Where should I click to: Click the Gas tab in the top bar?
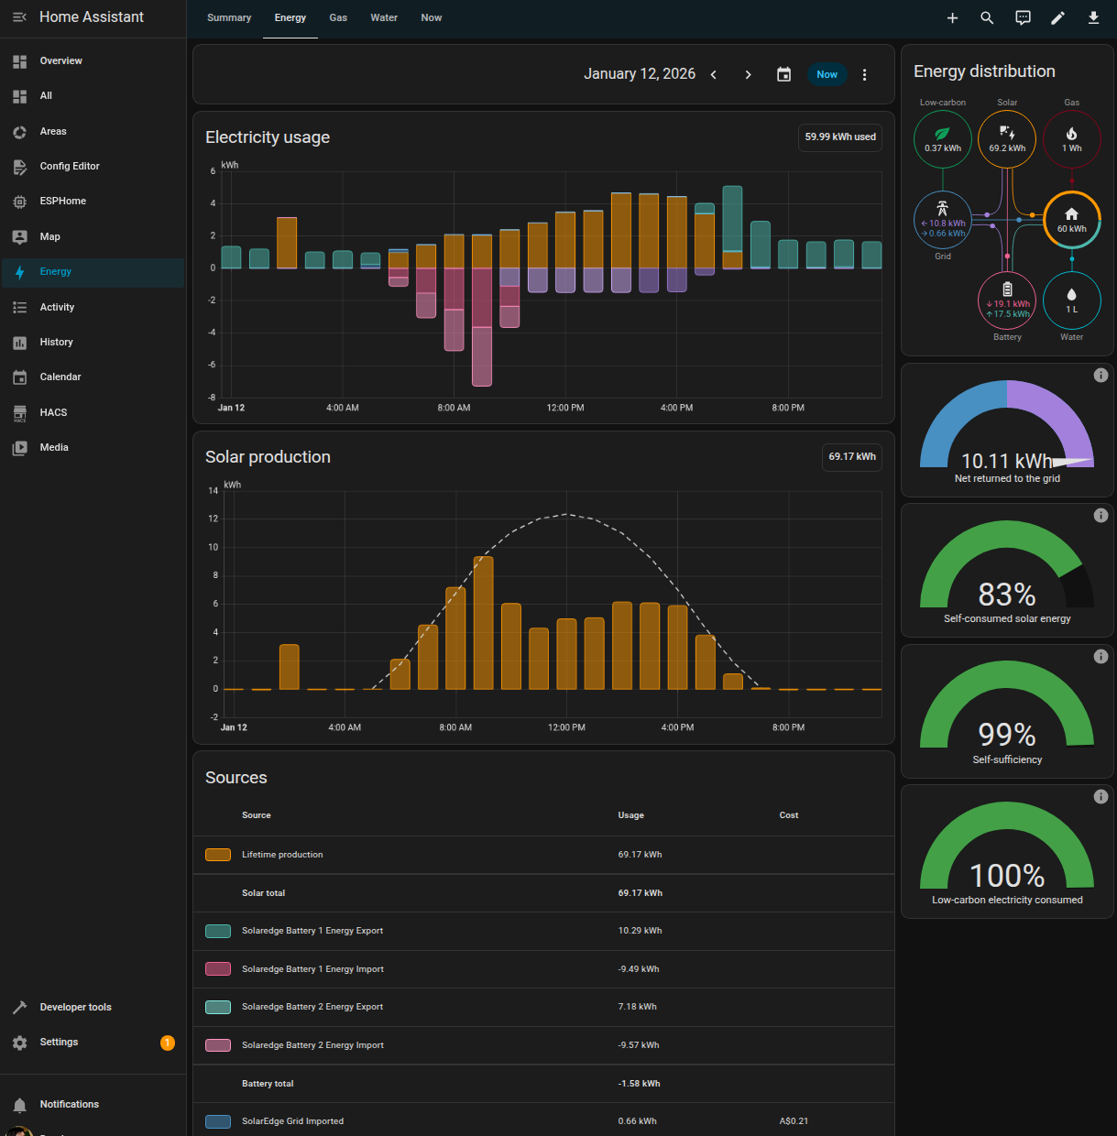[338, 17]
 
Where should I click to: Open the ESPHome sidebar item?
[62, 201]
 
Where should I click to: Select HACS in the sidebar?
[53, 412]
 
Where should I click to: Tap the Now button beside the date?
[827, 74]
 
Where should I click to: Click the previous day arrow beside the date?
[714, 75]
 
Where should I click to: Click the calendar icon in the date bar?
[783, 75]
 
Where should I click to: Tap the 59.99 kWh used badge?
[839, 137]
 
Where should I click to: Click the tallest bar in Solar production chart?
[483, 623]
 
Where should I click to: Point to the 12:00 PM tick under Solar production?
[566, 727]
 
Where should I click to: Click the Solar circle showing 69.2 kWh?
[1007, 139]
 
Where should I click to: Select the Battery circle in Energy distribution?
[1007, 300]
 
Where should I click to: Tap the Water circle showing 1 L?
[1071, 300]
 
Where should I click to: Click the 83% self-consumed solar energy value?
[1007, 595]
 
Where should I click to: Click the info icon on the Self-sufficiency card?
[1101, 657]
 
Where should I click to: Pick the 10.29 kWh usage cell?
[639, 931]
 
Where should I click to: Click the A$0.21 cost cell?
[794, 1121]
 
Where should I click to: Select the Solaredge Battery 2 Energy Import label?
[312, 1045]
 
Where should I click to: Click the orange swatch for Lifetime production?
[218, 855]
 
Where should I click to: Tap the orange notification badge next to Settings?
[168, 1043]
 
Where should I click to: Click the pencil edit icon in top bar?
[1057, 18]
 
